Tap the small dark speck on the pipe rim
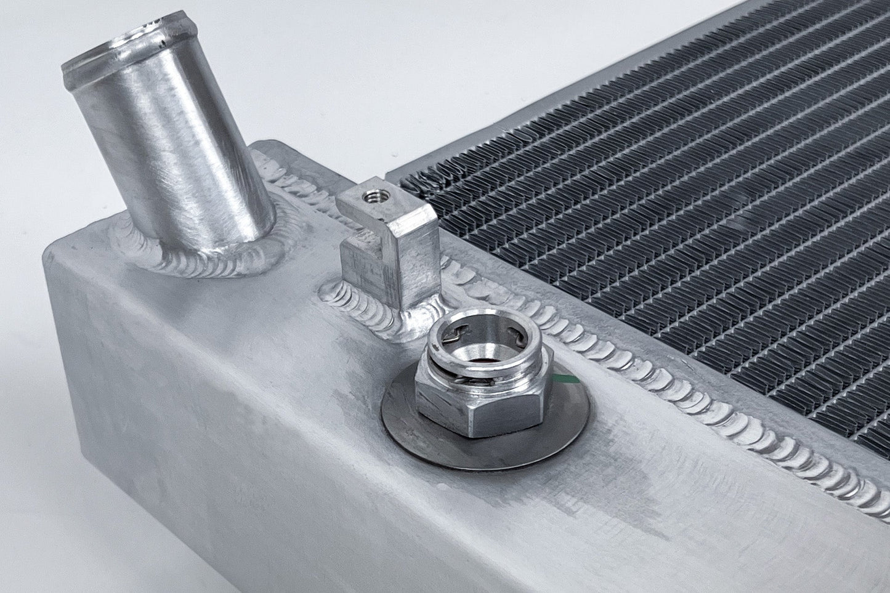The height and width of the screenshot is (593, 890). [x=161, y=44]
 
